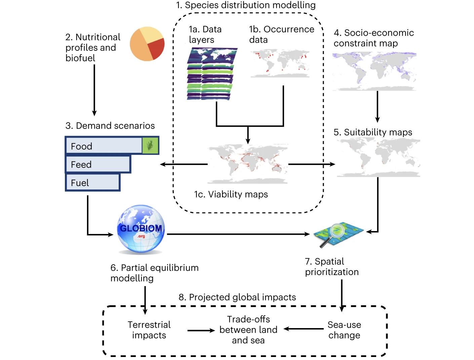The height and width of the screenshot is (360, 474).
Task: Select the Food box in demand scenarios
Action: click(x=104, y=146)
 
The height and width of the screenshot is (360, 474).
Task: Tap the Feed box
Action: click(x=97, y=164)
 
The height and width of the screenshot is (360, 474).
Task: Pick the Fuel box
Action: click(x=92, y=182)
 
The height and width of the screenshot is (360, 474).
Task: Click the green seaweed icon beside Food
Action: click(x=150, y=145)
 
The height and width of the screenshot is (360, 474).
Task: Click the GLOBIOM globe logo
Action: click(x=141, y=229)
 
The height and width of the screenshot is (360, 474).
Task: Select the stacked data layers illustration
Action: click(x=211, y=74)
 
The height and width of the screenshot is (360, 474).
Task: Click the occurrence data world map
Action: click(x=280, y=63)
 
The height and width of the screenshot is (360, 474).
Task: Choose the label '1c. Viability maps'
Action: click(x=231, y=194)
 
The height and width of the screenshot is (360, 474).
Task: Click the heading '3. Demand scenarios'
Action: click(x=110, y=126)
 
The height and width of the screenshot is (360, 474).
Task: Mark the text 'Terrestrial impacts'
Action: click(x=149, y=330)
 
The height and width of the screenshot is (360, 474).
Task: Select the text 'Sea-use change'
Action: click(x=344, y=330)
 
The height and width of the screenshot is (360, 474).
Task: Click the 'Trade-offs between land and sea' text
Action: click(x=248, y=329)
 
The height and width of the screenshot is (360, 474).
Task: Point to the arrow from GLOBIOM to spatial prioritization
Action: click(x=238, y=234)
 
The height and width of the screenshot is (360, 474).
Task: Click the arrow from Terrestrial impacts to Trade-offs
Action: click(x=201, y=330)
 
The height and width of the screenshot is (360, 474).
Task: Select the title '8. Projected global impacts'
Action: click(x=237, y=297)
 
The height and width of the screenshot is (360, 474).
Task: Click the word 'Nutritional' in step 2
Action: click(x=98, y=37)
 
